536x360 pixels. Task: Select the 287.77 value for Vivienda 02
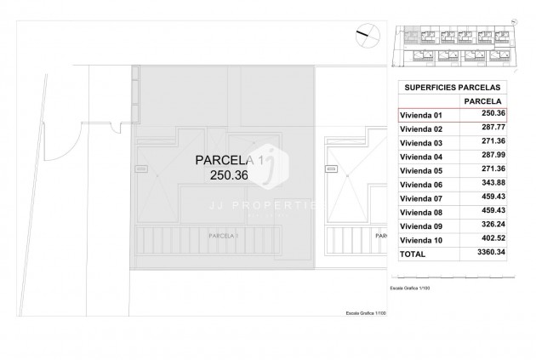tap(490, 128)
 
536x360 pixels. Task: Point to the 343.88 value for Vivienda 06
tap(490, 184)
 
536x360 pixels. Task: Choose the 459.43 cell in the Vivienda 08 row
tap(490, 212)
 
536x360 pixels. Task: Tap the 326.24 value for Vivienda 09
tap(490, 226)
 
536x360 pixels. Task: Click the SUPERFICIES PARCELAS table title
tap(452, 87)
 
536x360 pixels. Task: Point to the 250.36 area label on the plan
tap(227, 175)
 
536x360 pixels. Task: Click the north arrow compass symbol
tap(364, 33)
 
